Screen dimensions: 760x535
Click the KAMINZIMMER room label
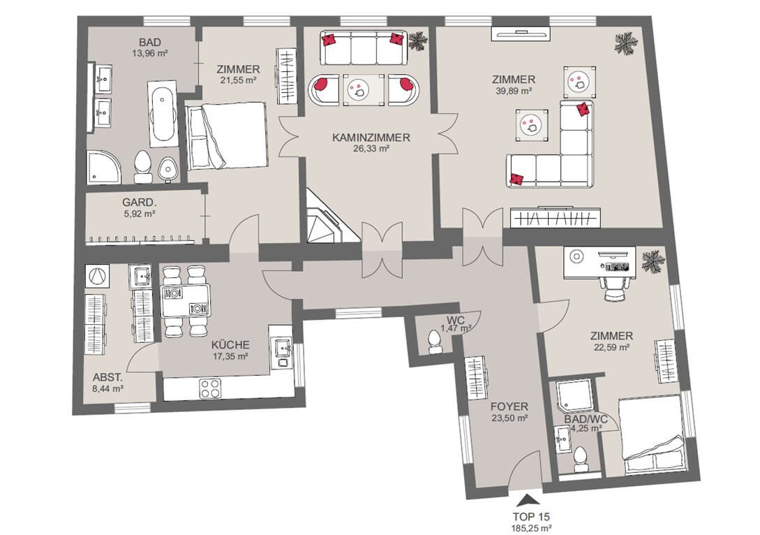click(x=371, y=138)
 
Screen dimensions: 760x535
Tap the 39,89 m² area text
click(x=514, y=91)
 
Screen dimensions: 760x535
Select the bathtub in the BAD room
click(x=162, y=115)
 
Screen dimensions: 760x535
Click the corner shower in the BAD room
click(x=104, y=167)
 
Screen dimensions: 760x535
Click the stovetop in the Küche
click(x=211, y=388)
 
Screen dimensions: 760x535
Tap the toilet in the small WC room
click(x=434, y=342)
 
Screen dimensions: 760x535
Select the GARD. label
click(x=139, y=203)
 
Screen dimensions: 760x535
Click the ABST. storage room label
click(x=107, y=377)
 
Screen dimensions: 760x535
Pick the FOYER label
click(x=509, y=406)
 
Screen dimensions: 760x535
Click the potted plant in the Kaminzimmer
click(x=417, y=41)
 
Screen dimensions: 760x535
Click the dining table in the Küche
click(x=186, y=300)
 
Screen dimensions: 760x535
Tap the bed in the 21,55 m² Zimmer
click(x=227, y=135)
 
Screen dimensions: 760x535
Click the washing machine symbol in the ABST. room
click(x=97, y=275)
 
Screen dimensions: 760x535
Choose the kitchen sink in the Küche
click(x=282, y=348)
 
